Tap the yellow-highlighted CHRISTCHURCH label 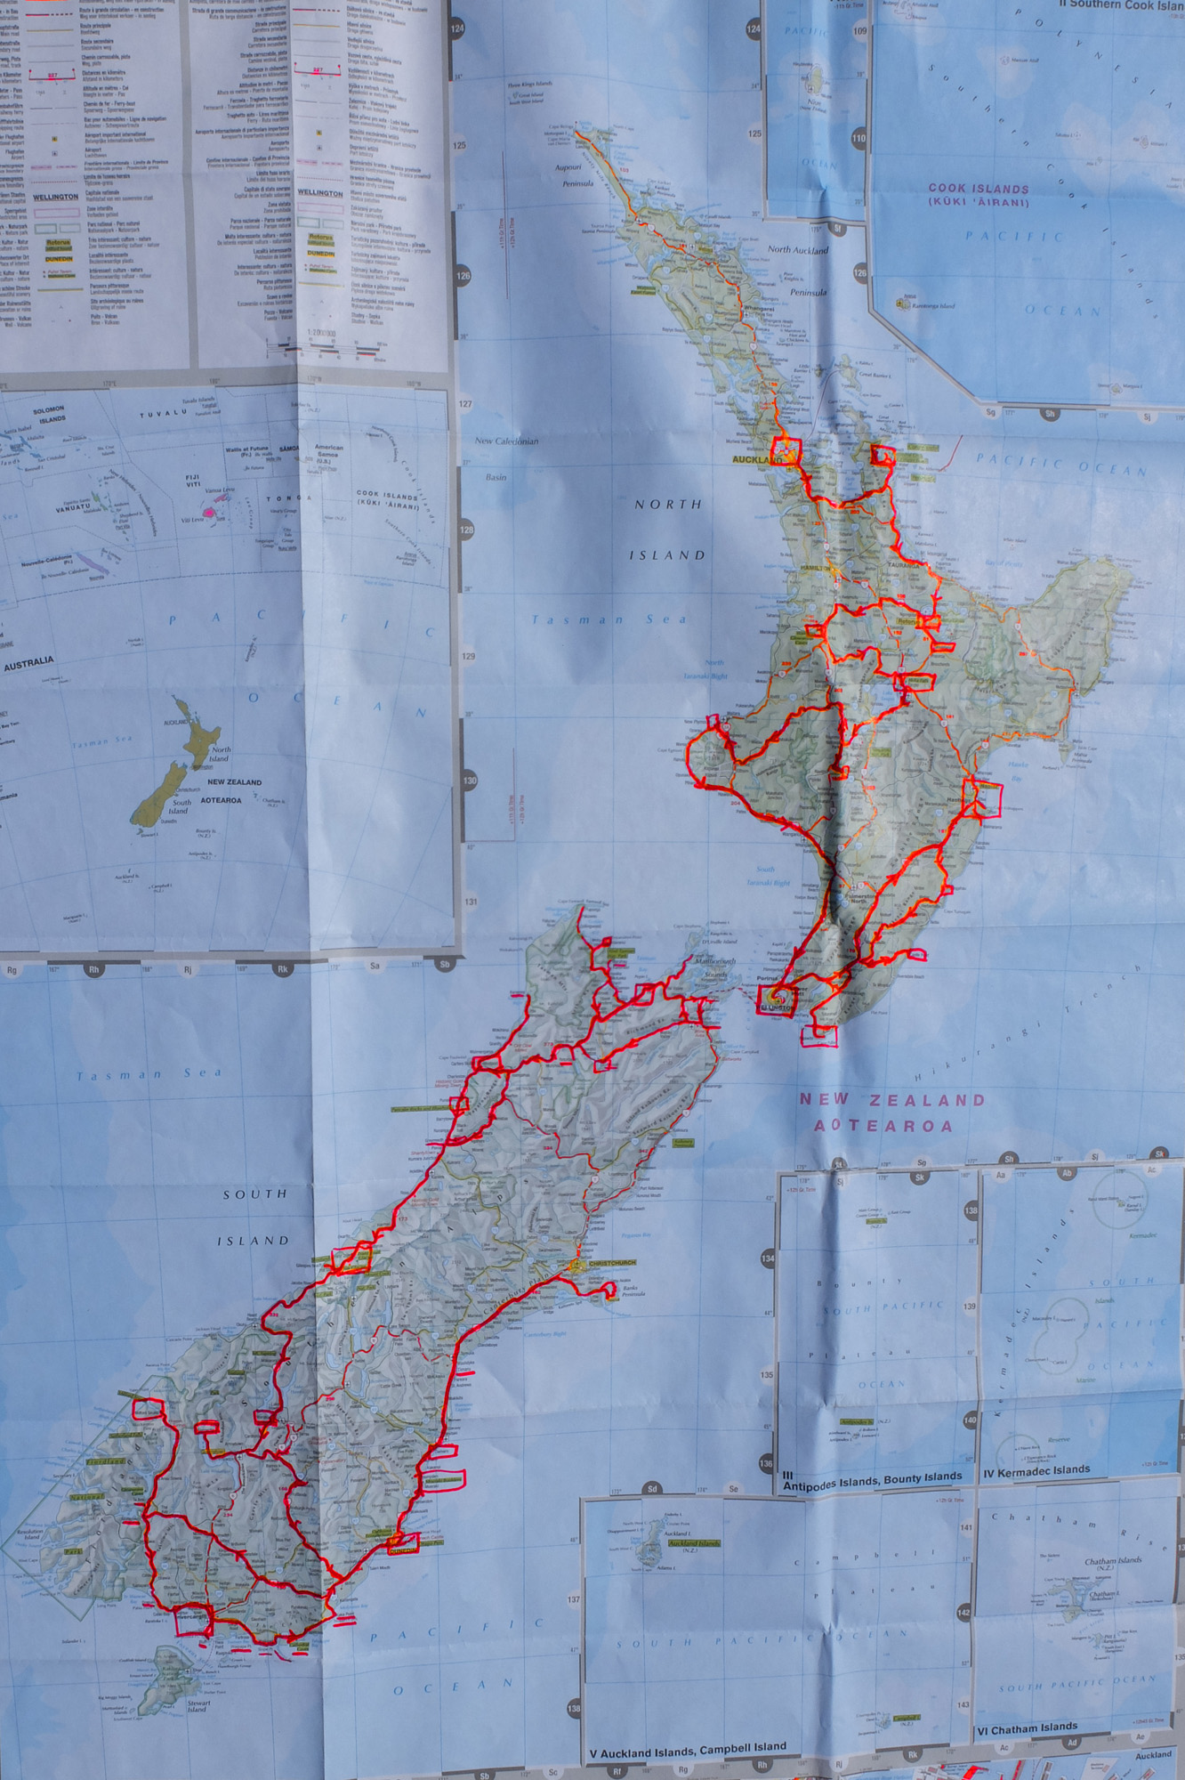[612, 1263]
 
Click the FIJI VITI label [193, 481]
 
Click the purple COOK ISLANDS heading [979, 189]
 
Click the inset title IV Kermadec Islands [1036, 1470]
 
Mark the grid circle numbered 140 [970, 1420]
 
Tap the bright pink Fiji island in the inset [211, 513]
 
